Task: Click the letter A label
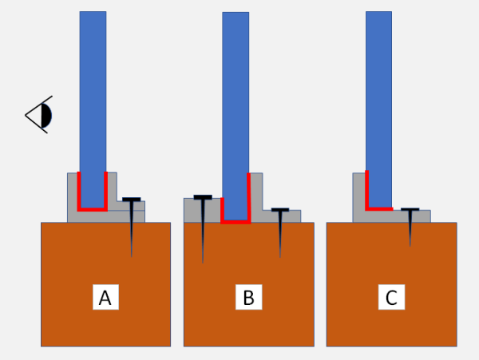coord(105,297)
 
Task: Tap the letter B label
coord(248,297)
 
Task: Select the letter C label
coord(391,297)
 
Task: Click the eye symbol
coord(39,114)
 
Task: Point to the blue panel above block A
coord(93,109)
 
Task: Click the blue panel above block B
coord(236,116)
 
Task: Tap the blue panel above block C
coord(378,109)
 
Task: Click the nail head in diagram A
coord(132,200)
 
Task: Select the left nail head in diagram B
coord(203,197)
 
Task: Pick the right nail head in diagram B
coord(280,210)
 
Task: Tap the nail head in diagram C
coord(410,209)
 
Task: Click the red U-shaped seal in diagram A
coord(93,209)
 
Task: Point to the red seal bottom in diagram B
coord(236,222)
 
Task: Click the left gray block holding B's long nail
coord(202,211)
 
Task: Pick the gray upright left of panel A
coord(73,196)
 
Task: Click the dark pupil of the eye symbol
coord(46,116)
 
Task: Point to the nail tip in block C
coord(410,246)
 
